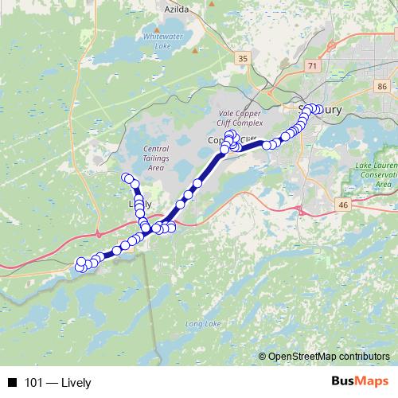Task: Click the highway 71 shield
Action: (312, 66)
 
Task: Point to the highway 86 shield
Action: (383, 86)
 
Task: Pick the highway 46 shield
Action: (343, 205)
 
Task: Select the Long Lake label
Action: (202, 324)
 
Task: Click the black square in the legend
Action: (13, 383)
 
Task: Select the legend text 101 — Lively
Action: (58, 383)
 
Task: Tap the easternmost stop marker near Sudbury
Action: (319, 109)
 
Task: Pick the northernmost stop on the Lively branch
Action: (126, 177)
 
